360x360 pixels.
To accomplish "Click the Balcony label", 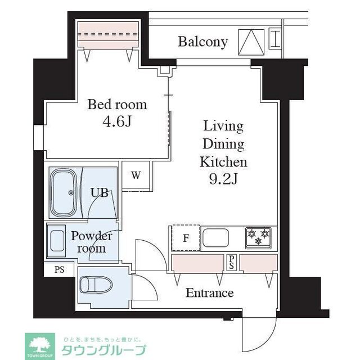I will click(x=202, y=42).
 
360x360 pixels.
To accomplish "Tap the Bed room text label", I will click(x=117, y=105).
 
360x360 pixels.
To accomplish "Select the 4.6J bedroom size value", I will click(x=117, y=121).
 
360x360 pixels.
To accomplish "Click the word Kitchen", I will click(x=223, y=163).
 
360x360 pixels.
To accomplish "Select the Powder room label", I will click(x=92, y=242).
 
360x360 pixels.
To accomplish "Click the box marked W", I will click(x=136, y=174).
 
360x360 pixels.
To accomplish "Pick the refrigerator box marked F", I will click(x=185, y=238).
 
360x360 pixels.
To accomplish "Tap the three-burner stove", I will click(x=258, y=238).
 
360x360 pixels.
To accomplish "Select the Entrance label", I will click(x=209, y=293).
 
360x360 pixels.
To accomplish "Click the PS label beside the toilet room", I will click(x=59, y=269).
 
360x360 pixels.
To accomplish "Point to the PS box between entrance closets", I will click(x=231, y=262).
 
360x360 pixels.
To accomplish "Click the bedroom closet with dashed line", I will click(x=108, y=35).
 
